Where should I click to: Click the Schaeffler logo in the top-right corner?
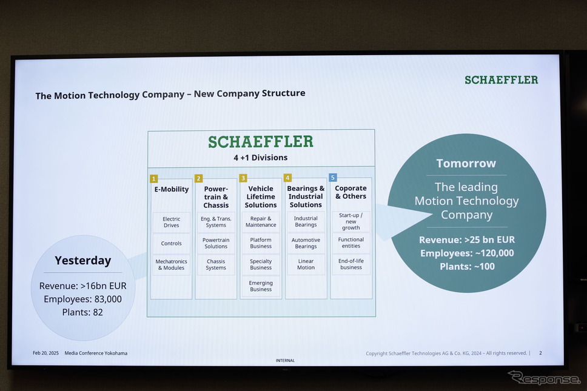pos(501,79)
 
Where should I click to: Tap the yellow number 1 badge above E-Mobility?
pos(153,178)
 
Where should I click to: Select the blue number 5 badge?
pos(332,178)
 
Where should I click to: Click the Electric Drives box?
pos(171,222)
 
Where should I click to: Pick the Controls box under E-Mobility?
pos(171,243)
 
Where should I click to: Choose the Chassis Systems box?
pos(216,264)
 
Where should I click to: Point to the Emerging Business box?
pos(261,286)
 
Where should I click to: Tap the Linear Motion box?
pos(306,264)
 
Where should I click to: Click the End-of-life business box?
pos(351,264)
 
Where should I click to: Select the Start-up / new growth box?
pos(351,221)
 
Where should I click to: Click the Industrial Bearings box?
pos(306,221)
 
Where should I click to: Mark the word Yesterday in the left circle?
pos(82,261)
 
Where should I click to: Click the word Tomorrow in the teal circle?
pos(466,163)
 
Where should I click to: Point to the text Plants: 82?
pos(82,312)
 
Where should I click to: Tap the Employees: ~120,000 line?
pos(467,253)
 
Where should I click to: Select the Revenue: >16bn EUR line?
pos(82,286)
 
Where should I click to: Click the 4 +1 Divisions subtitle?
pos(261,158)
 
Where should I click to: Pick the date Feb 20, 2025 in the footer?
pos(45,353)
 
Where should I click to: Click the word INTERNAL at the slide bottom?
pos(285,360)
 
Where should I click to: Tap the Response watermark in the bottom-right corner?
pos(544,378)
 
